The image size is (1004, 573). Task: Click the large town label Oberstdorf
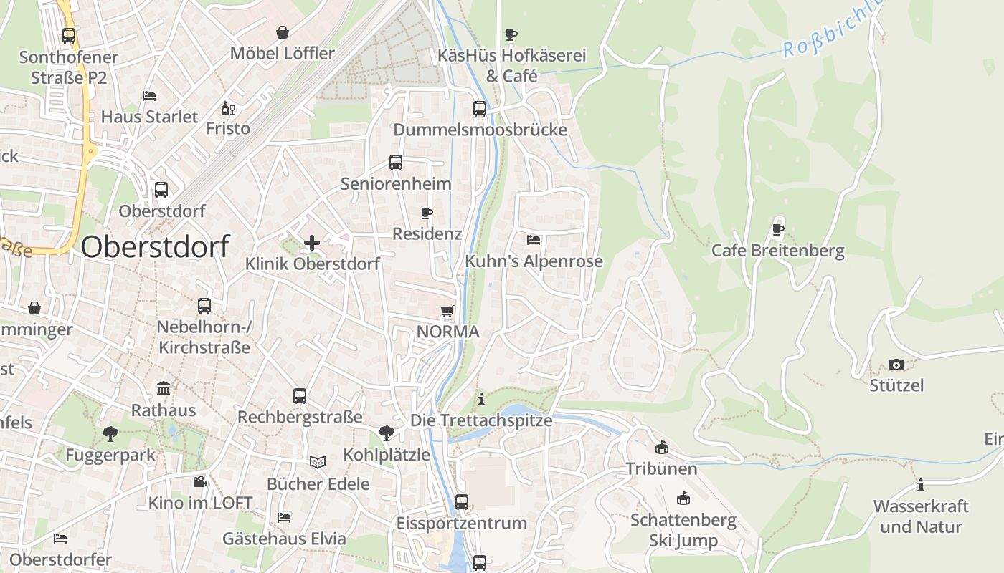[155, 246]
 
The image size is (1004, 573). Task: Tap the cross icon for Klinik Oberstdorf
[312, 243]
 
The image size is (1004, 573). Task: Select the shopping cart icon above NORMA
[447, 311]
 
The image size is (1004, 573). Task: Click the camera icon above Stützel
[896, 365]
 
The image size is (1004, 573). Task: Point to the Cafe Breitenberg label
[777, 251]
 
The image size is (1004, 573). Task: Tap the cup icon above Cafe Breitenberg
[777, 230]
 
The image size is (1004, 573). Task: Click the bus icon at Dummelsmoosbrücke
[480, 109]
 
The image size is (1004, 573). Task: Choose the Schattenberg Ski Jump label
[683, 530]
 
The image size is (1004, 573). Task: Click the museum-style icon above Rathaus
[164, 389]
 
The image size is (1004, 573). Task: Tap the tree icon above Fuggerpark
[110, 433]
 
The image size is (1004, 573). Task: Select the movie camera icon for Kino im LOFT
[199, 481]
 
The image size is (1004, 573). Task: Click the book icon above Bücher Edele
[318, 463]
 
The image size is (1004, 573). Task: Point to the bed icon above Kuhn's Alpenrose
[534, 240]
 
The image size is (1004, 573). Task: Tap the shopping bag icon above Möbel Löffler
[283, 32]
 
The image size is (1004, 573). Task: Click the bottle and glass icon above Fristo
[228, 108]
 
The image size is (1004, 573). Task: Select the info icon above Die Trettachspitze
[481, 398]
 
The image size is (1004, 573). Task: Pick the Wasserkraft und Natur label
[920, 516]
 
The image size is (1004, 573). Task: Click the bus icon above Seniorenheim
[396, 163]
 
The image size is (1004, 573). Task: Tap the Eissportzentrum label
[461, 524]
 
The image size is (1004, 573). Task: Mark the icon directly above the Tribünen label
[661, 448]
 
